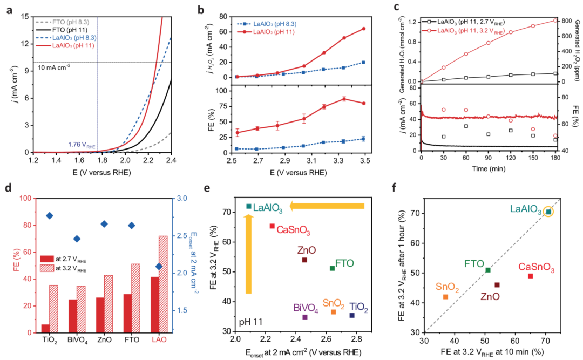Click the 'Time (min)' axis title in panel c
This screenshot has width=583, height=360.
point(489,168)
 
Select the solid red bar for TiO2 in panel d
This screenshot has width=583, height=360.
point(45,328)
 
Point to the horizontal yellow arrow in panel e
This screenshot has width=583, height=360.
point(327,206)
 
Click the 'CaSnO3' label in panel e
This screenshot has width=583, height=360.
point(293,231)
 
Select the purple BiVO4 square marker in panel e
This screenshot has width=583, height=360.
point(305,317)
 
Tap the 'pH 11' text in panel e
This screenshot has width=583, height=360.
point(252,322)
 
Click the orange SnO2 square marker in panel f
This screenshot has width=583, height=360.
point(445,297)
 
